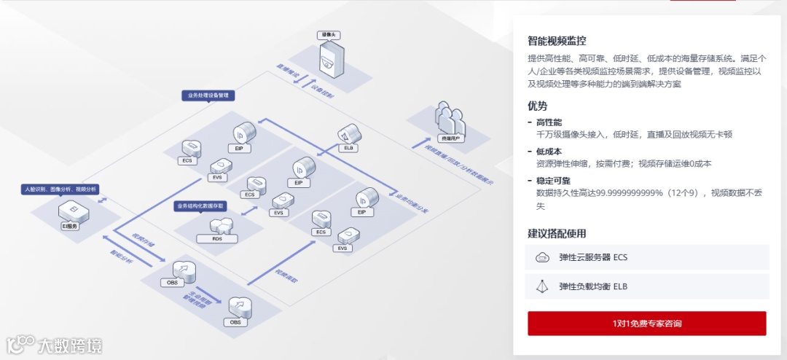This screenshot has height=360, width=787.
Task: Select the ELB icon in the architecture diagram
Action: (349, 136)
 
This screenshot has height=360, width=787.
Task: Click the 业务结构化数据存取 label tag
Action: (201, 206)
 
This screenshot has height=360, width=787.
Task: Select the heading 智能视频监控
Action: (557, 41)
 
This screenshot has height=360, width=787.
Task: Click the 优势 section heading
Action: (538, 106)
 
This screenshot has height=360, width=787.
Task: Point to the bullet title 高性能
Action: (549, 122)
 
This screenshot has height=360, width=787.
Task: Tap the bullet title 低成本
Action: (549, 152)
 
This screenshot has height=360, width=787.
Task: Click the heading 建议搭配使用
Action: (557, 234)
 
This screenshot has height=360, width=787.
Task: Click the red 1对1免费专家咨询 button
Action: (646, 323)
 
